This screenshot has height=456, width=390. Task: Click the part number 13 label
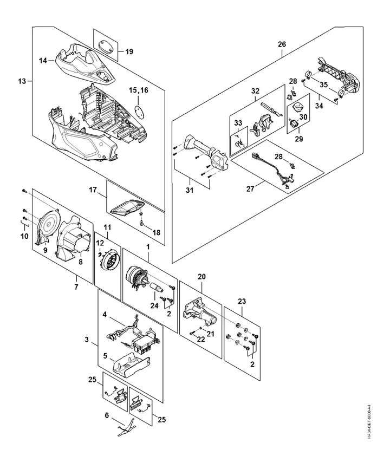pyautogui.click(x=22, y=81)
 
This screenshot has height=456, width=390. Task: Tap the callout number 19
pyautogui.click(x=129, y=51)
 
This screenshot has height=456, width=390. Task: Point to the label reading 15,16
pyautogui.click(x=138, y=90)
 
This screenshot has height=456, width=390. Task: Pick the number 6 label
pyautogui.click(x=107, y=415)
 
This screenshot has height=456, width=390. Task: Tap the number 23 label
pyautogui.click(x=242, y=301)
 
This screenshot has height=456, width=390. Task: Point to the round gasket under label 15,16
pyautogui.click(x=139, y=110)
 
